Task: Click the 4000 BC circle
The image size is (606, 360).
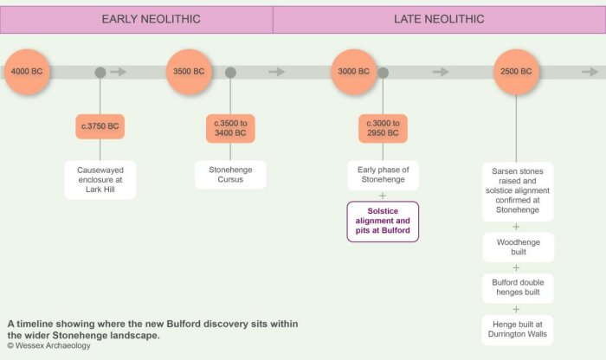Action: [x=27, y=72]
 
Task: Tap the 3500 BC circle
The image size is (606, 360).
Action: [x=189, y=72]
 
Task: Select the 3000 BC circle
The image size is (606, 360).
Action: [x=353, y=72]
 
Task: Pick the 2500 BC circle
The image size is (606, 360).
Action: [x=516, y=72]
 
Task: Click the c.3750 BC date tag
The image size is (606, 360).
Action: [x=100, y=126]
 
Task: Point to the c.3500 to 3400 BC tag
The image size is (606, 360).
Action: [x=230, y=128]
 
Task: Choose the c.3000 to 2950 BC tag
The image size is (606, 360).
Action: [x=383, y=128]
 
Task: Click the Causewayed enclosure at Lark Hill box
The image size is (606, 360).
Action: [x=100, y=180]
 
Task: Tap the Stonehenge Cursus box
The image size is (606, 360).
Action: [x=230, y=175]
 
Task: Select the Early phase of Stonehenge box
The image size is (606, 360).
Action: [x=383, y=175]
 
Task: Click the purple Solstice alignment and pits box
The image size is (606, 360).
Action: [x=383, y=222]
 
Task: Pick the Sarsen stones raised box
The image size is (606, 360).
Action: [x=518, y=191]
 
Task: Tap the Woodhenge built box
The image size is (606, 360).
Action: [x=519, y=247]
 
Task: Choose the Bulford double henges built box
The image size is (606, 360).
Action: [x=518, y=288]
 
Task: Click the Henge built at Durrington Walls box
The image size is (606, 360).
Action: [x=518, y=330]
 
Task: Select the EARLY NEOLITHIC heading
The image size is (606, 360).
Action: [x=151, y=19]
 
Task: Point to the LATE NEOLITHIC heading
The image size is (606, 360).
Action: [x=439, y=19]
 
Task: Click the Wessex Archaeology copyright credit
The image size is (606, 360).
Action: [x=48, y=345]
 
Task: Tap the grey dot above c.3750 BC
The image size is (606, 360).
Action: [x=100, y=72]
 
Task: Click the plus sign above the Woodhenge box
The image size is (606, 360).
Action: [x=516, y=227]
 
